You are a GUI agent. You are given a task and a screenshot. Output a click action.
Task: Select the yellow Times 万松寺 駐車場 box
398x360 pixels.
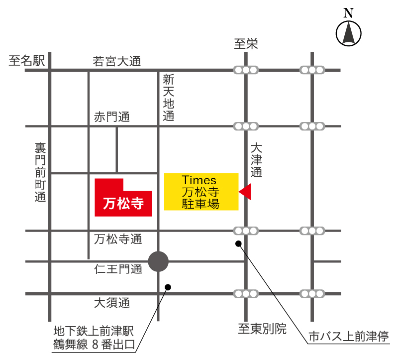point(201,192)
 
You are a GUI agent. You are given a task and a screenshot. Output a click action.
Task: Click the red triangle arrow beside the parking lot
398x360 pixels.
point(245,192)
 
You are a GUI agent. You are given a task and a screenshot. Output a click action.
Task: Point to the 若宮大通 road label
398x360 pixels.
point(117,62)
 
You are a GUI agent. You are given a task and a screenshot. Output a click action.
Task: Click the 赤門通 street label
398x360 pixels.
point(111,118)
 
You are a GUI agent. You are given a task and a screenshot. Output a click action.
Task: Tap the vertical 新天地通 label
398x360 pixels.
point(169,98)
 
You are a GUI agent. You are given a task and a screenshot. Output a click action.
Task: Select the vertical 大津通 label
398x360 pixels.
point(256,161)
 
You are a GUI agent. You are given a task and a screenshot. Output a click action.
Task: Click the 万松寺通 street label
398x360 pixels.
point(118,240)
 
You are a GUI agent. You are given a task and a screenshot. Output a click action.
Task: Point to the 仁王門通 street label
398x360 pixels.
point(118,269)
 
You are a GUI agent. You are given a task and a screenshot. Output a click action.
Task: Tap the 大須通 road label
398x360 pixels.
point(111,303)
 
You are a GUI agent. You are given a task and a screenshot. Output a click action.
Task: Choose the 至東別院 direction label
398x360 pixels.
point(262,329)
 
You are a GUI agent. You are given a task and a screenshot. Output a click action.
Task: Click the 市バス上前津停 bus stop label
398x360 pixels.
point(348,335)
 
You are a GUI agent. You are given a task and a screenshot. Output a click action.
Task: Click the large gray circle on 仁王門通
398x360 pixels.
point(159,261)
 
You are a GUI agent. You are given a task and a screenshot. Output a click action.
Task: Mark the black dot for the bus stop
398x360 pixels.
point(238,243)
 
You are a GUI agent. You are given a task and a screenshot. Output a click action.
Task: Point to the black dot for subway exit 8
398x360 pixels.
point(168,287)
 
